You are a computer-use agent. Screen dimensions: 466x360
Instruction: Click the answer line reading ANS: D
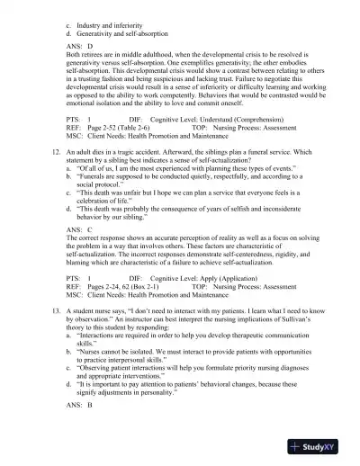81,42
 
